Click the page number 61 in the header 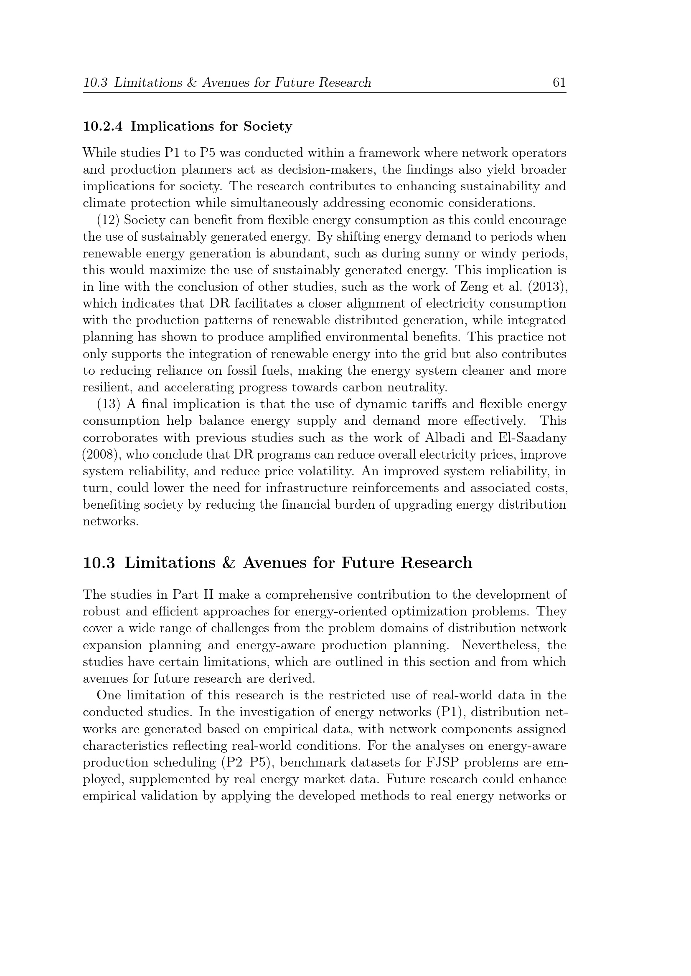click(x=559, y=83)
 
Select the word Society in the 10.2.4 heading click(x=268, y=127)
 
